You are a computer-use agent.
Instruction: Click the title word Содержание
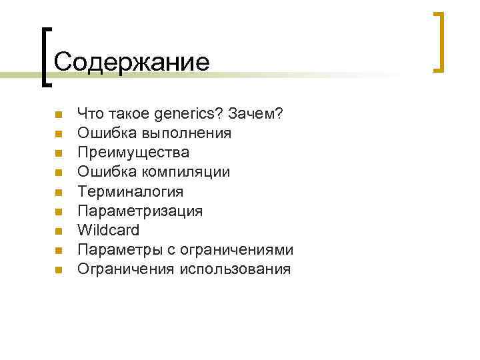tap(131, 62)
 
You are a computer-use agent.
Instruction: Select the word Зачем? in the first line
tap(256, 114)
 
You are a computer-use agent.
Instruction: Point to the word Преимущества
tap(133, 153)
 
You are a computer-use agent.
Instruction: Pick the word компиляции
tap(189, 172)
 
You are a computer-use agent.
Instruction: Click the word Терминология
tap(130, 191)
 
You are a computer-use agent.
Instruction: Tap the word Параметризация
tap(140, 211)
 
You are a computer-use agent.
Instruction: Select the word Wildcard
tap(109, 230)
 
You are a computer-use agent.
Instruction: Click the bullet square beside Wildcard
tap(58, 231)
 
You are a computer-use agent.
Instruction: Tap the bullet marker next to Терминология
tap(58, 193)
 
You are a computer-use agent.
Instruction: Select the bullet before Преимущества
tap(58, 154)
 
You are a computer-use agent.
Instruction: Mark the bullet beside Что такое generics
tap(58, 115)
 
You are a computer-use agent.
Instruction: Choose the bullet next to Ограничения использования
tap(58, 270)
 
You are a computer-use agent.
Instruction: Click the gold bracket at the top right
tap(439, 41)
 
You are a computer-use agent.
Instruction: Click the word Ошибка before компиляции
tap(106, 172)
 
